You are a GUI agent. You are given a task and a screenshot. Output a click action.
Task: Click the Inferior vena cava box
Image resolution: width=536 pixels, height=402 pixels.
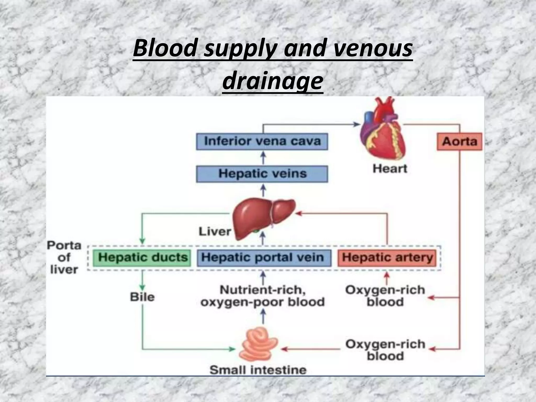tap(262, 141)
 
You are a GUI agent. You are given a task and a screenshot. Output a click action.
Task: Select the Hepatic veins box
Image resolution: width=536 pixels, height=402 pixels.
tap(262, 174)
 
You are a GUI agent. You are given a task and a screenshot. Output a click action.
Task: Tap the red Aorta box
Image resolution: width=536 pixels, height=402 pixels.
tap(459, 142)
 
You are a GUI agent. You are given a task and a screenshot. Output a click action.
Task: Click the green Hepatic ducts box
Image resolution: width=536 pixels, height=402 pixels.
tap(143, 258)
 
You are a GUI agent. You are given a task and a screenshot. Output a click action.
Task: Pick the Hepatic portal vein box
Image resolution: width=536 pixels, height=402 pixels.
tap(263, 258)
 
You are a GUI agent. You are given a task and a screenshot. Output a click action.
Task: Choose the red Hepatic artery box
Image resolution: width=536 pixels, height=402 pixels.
tap(387, 258)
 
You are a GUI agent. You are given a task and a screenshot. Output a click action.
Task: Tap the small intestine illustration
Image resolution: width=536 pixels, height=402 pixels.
tap(258, 345)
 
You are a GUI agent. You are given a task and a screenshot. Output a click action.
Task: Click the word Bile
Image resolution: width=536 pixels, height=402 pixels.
tap(142, 297)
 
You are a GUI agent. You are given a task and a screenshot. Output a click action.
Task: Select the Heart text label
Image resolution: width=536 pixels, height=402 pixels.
tap(390, 169)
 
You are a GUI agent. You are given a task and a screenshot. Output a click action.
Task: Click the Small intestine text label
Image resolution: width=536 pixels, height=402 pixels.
tap(258, 370)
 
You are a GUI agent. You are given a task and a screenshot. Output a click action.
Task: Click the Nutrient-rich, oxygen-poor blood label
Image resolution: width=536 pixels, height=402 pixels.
tap(263, 296)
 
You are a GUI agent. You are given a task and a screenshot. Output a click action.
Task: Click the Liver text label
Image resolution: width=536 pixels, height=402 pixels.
tap(215, 232)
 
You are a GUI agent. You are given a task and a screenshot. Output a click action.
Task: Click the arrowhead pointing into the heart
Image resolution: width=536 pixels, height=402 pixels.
tap(357, 124)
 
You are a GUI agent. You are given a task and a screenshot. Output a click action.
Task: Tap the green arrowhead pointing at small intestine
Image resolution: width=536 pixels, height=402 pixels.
tap(232, 349)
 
